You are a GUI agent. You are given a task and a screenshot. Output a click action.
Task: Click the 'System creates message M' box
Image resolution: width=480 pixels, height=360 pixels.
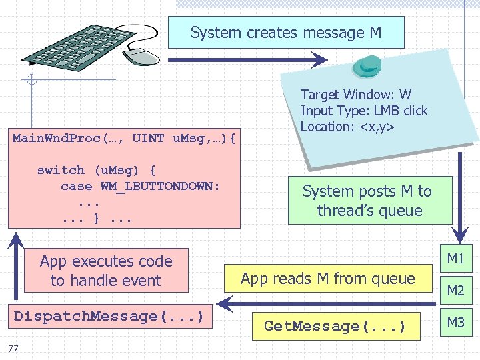(286, 33)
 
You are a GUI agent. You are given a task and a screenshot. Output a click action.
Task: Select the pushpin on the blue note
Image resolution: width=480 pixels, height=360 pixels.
(367, 65)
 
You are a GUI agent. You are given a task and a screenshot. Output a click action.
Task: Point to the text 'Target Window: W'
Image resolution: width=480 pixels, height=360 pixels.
(355, 95)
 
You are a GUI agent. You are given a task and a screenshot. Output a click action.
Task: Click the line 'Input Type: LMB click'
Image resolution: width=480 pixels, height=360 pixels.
(364, 111)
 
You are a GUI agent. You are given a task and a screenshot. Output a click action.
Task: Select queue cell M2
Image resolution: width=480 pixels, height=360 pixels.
(455, 291)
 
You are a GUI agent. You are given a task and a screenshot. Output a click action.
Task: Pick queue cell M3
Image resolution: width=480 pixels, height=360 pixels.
(455, 323)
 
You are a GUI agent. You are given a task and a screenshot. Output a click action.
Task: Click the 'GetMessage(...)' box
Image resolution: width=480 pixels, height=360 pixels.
(335, 326)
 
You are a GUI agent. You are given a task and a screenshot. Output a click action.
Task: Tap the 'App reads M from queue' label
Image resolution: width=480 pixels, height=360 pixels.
(327, 279)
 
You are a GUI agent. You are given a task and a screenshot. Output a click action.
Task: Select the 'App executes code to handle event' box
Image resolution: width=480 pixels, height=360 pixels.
(106, 271)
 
